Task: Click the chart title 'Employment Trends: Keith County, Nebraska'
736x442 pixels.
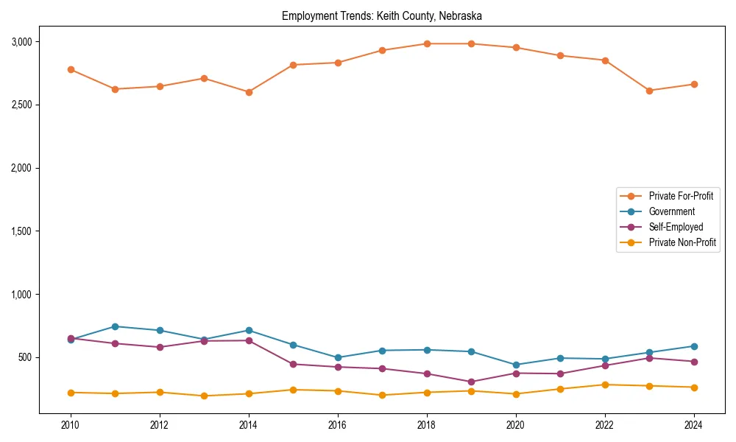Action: tap(381, 15)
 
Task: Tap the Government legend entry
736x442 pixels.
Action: tap(671, 211)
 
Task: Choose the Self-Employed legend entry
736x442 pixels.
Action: tap(676, 227)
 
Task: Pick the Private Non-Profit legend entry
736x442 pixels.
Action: tap(682, 242)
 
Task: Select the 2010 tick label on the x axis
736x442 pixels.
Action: tap(71, 425)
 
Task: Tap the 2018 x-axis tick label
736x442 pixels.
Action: tap(427, 425)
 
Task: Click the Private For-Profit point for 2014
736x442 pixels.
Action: tap(249, 92)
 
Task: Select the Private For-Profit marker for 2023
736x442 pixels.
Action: tap(649, 91)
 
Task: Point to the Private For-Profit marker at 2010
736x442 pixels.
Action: tap(71, 69)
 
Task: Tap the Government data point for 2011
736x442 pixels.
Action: tap(115, 326)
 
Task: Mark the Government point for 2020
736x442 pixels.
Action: tap(516, 365)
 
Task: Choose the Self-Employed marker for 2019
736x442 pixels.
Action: tap(471, 382)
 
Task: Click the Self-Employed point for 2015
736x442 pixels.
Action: tap(293, 364)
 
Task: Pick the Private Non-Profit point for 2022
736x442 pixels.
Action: tap(605, 385)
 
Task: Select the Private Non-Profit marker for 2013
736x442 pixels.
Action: tap(204, 396)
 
